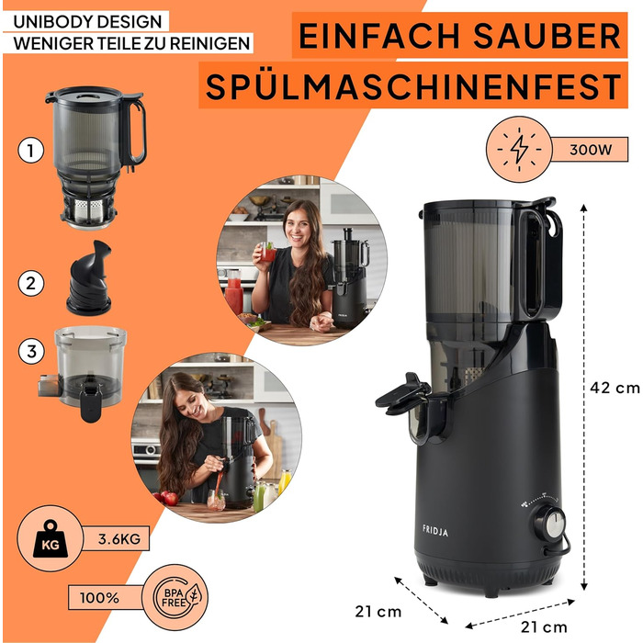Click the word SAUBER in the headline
click(x=544, y=37)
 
